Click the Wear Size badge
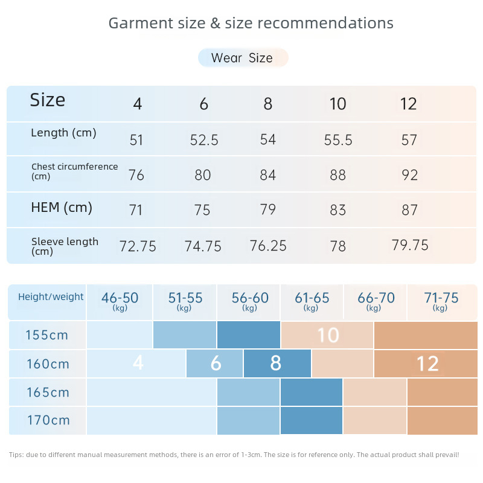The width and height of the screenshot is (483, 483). point(242,58)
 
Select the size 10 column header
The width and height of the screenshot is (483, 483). point(338,104)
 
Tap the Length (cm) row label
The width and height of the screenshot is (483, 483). point(63,133)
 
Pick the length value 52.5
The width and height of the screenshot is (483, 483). point(204,140)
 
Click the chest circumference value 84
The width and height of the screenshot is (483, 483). point(267,175)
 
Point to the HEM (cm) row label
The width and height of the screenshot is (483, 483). point(62,208)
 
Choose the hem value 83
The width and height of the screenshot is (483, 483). point(338,210)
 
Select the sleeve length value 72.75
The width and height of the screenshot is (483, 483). point(138,246)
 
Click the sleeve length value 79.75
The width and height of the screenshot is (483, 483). point(410,245)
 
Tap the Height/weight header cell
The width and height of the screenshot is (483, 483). point(51,297)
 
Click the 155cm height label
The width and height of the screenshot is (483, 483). point(47,335)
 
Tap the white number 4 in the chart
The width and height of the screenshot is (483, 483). point(138,363)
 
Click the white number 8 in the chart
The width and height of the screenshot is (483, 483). point(276,363)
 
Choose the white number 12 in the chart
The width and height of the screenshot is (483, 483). point(427,363)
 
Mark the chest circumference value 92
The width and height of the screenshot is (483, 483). point(410,175)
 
